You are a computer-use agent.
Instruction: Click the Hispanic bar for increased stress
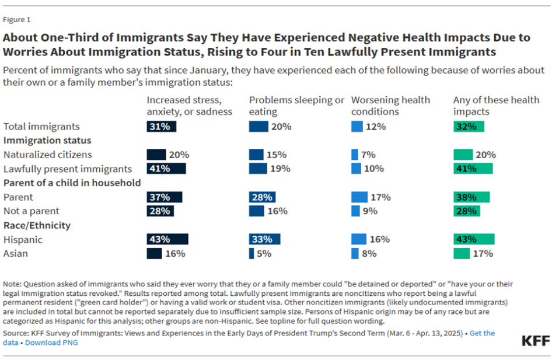pos(167,239)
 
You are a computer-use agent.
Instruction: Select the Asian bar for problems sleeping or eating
pos(251,253)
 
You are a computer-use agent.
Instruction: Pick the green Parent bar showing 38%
pos(471,197)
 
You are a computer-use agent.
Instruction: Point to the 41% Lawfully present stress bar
pos(166,169)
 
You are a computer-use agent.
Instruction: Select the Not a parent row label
pos(32,211)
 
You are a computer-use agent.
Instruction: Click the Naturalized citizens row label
pos(48,155)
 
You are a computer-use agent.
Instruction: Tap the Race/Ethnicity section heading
pos(37,225)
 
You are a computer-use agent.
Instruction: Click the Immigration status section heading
pos(47,141)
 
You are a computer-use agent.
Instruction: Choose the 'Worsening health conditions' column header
pos(390,106)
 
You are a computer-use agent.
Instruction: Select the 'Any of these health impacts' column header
pos(496,106)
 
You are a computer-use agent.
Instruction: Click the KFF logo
pos(535,341)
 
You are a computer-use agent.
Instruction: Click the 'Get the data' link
pos(482,333)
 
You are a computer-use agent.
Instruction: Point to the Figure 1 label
pos(17,20)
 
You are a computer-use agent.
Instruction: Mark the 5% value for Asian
pos(264,253)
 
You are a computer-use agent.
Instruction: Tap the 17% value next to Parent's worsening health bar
pos(381,197)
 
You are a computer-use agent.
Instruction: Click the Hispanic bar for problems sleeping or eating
pos(264,239)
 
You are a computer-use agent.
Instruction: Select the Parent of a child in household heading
pos(72,183)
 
